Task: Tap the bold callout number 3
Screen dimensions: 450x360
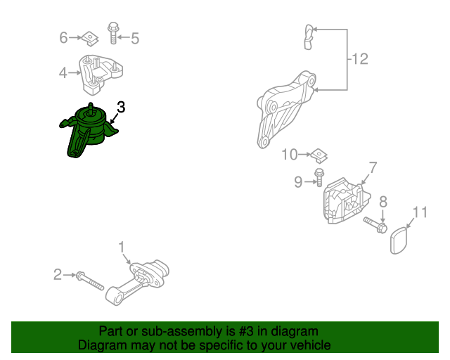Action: point(122,107)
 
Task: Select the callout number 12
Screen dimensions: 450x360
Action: point(359,59)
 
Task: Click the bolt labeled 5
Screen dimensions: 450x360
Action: point(113,33)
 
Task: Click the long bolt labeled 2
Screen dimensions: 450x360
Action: point(89,281)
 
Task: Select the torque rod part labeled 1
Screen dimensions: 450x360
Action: point(137,282)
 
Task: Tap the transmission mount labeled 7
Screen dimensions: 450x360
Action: point(346,200)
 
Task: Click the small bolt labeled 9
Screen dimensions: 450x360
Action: point(319,177)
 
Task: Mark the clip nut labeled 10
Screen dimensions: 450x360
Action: point(319,156)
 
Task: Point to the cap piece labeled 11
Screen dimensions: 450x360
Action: point(399,240)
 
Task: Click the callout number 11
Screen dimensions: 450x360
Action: point(420,212)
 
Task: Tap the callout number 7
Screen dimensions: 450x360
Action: point(373,167)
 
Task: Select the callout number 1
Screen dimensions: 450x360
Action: point(122,247)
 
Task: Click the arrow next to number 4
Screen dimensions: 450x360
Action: point(75,73)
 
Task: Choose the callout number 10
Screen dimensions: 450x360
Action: point(290,155)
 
